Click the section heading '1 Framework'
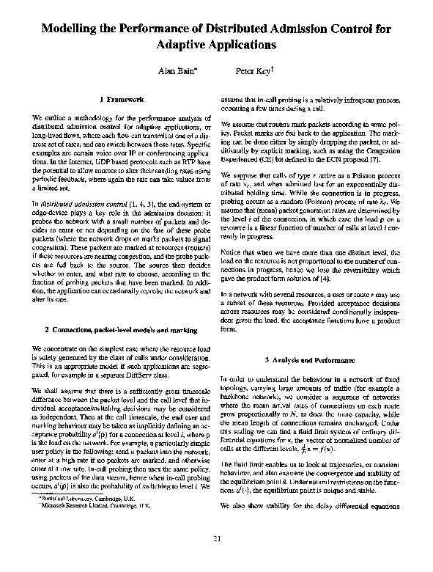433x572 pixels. pos(118,98)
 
